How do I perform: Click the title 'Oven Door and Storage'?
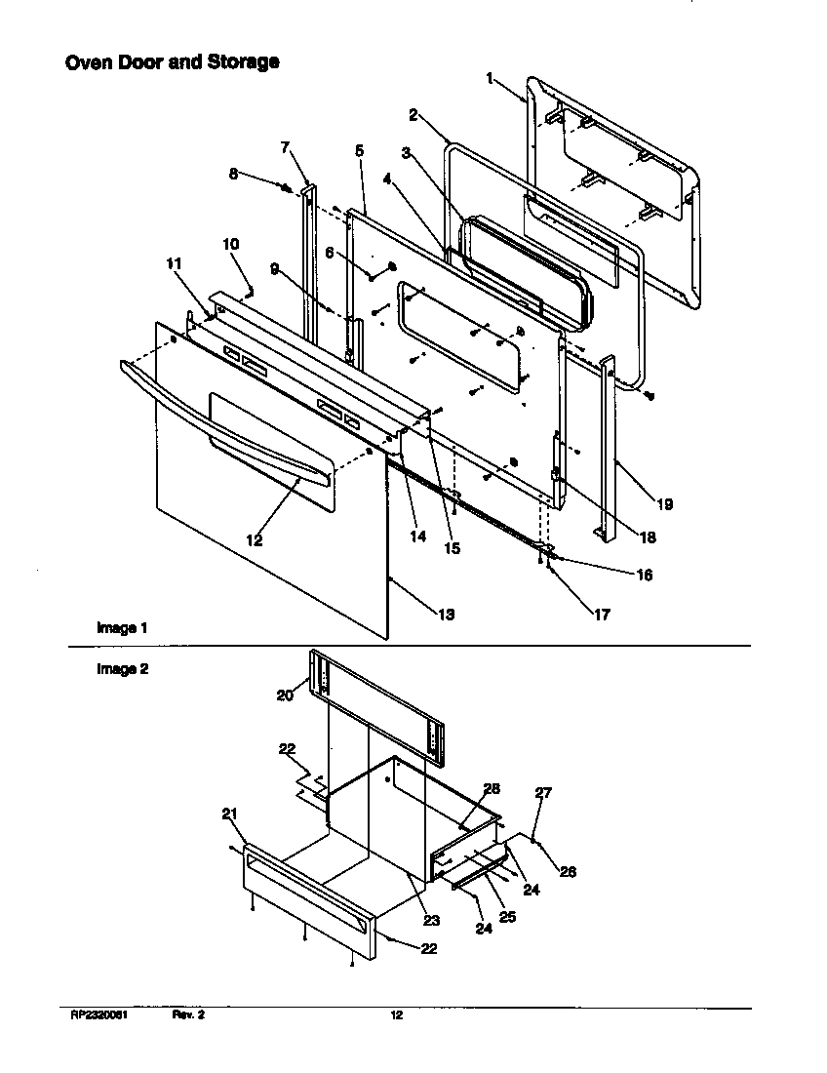[172, 62]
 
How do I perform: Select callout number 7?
[285, 147]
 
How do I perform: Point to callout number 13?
[446, 615]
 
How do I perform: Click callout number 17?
[602, 615]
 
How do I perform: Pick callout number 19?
[664, 504]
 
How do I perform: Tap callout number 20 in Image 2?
[284, 695]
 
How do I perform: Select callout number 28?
[492, 787]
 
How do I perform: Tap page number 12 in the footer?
[396, 1015]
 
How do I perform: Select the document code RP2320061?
[99, 1015]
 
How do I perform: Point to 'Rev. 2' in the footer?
[188, 1015]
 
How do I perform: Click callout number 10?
[230, 244]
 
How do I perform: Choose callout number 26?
[568, 872]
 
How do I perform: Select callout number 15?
[452, 548]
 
